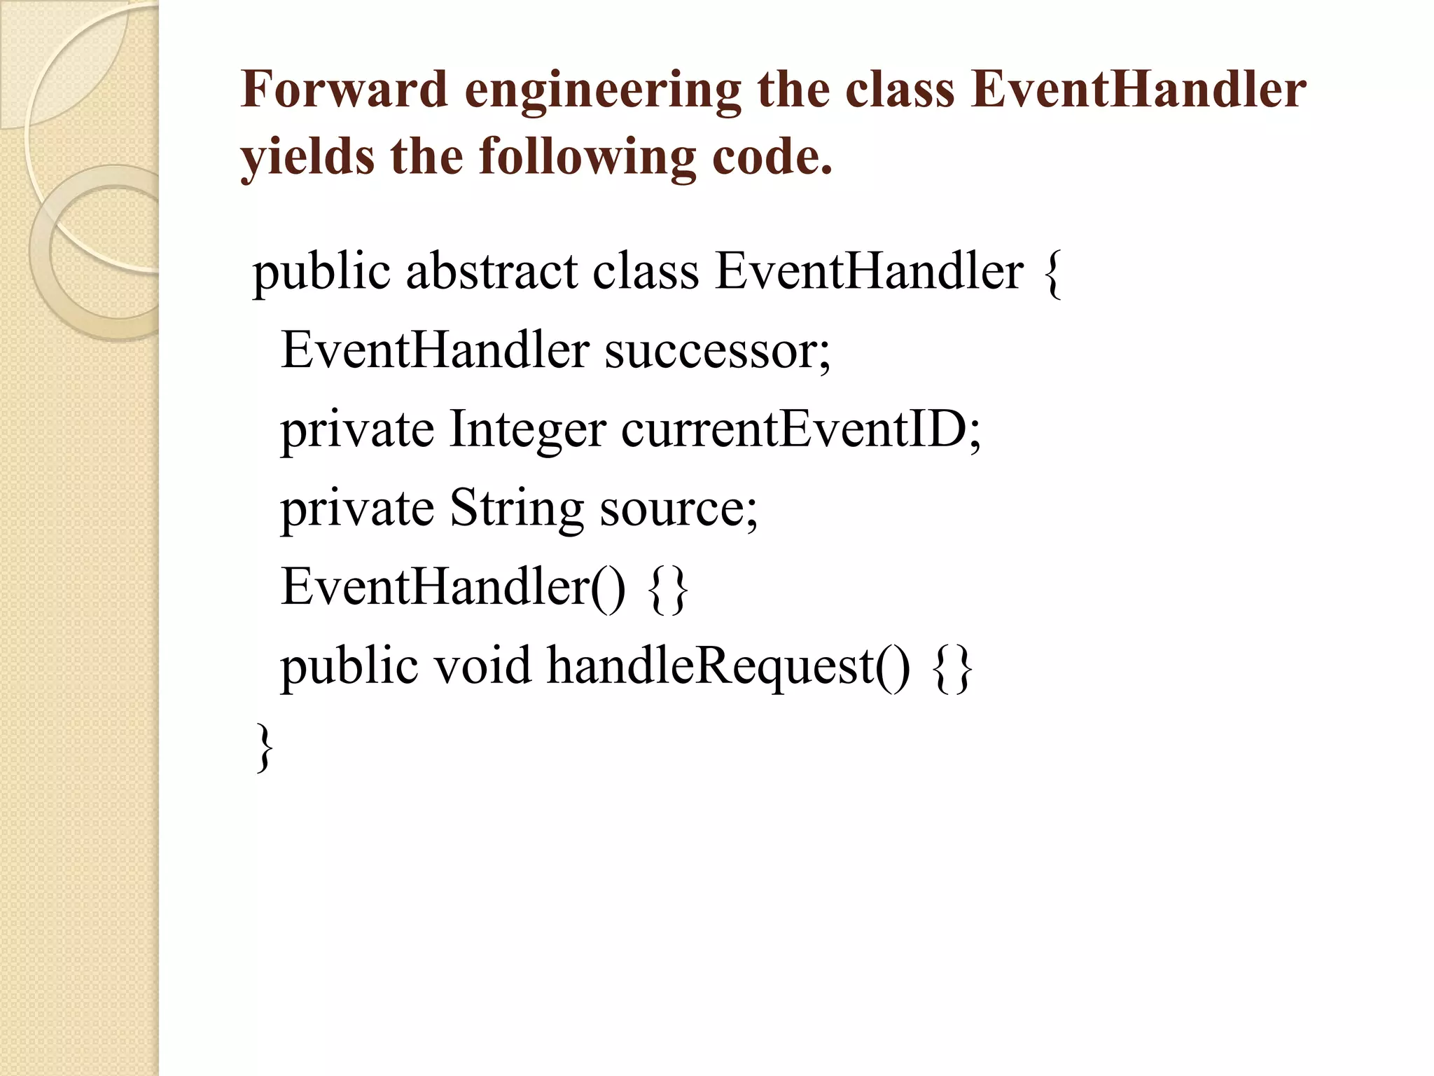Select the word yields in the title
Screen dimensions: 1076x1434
(x=307, y=157)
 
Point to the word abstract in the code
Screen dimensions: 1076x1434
(x=492, y=271)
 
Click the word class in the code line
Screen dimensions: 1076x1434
(x=646, y=271)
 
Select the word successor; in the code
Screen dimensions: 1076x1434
(x=718, y=350)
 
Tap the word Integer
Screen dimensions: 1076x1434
(x=527, y=429)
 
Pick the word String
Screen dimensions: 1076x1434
(x=516, y=508)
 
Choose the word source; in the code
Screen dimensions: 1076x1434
(x=678, y=508)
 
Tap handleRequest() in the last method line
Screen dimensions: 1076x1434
(x=728, y=666)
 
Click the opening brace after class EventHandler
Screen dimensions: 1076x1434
(x=1052, y=273)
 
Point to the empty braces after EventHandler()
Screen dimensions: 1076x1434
(x=669, y=588)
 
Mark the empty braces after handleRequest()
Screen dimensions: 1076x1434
(x=953, y=667)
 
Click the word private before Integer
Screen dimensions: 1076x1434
(x=357, y=429)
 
